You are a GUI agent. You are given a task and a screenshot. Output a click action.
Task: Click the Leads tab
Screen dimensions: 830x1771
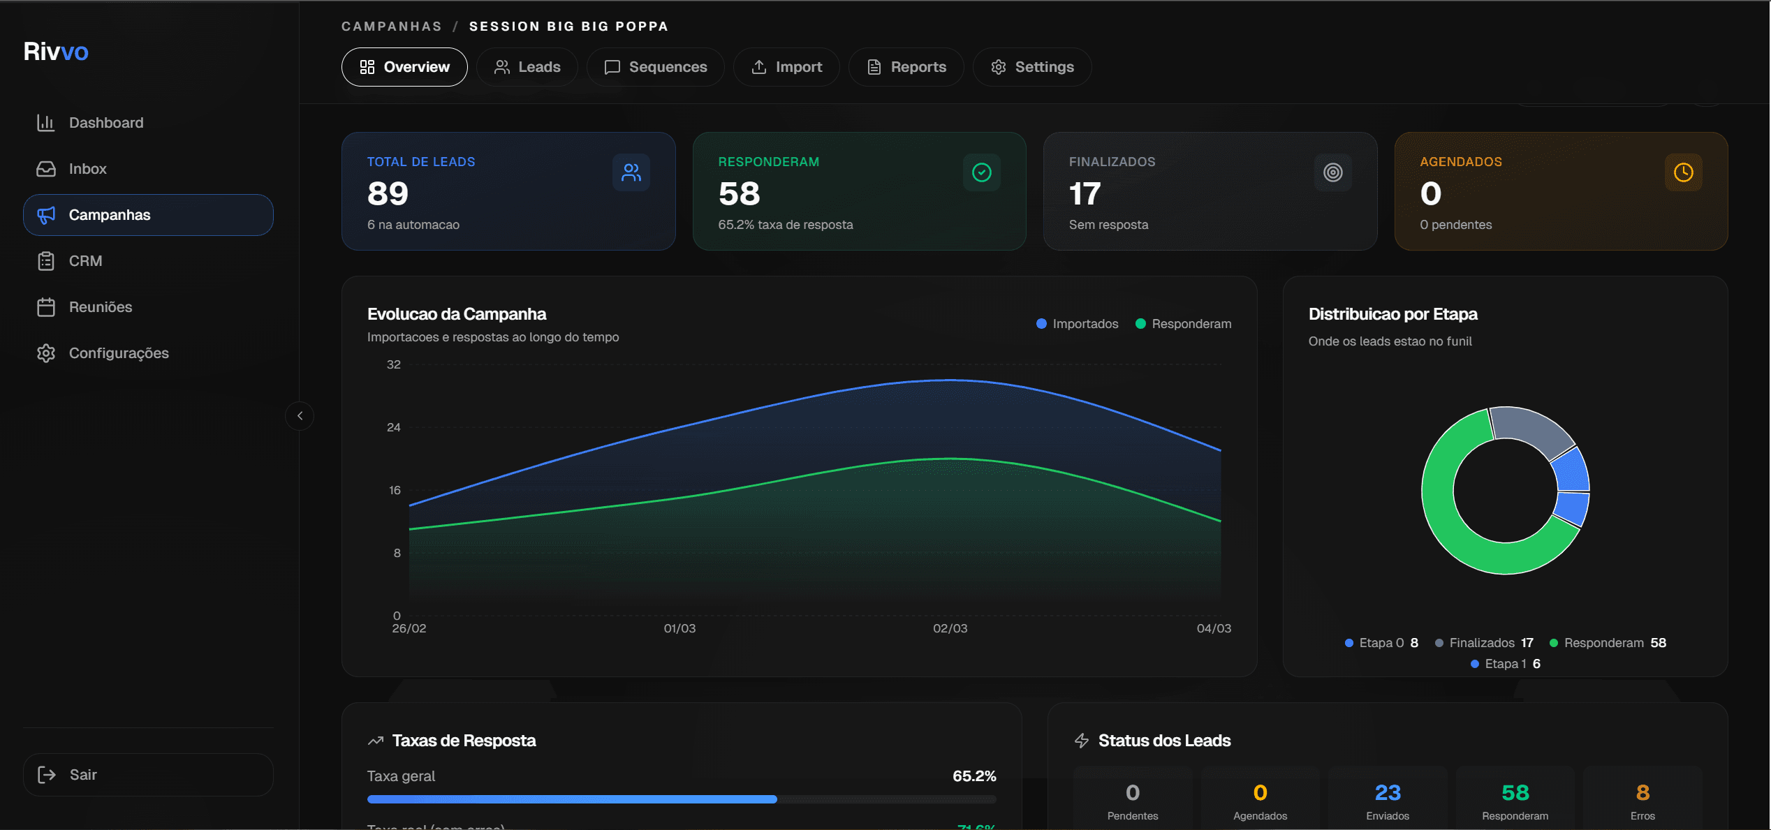[527, 67]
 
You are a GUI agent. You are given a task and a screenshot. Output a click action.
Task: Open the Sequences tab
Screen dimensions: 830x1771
[655, 67]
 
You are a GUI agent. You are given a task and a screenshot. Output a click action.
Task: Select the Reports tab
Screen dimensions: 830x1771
[906, 67]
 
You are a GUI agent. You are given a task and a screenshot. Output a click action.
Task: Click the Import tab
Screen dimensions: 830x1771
[786, 67]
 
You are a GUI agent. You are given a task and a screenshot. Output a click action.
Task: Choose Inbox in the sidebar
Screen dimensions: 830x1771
[87, 169]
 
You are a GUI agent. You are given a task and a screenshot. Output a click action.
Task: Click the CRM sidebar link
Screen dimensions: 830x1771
[85, 261]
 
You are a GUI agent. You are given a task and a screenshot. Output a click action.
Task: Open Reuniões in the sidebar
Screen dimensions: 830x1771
[100, 307]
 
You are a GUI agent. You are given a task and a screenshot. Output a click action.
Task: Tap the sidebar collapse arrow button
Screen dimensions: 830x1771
[300, 416]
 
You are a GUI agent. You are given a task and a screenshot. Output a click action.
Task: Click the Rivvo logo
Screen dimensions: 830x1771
[56, 52]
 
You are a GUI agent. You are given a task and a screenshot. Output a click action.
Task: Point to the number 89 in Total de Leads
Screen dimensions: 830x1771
[388, 194]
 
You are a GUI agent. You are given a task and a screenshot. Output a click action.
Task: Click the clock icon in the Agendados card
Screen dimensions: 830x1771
[1683, 172]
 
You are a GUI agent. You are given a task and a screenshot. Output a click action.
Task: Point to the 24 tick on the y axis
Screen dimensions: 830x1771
[394, 427]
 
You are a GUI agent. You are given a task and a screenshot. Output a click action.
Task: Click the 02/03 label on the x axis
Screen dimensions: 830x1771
[950, 628]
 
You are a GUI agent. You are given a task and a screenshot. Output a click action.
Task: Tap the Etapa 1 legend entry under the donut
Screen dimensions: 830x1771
[1505, 664]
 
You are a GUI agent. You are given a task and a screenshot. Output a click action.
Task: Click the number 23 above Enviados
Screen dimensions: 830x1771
[1387, 793]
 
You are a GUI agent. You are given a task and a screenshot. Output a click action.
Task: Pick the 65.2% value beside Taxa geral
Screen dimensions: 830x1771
[973, 776]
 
